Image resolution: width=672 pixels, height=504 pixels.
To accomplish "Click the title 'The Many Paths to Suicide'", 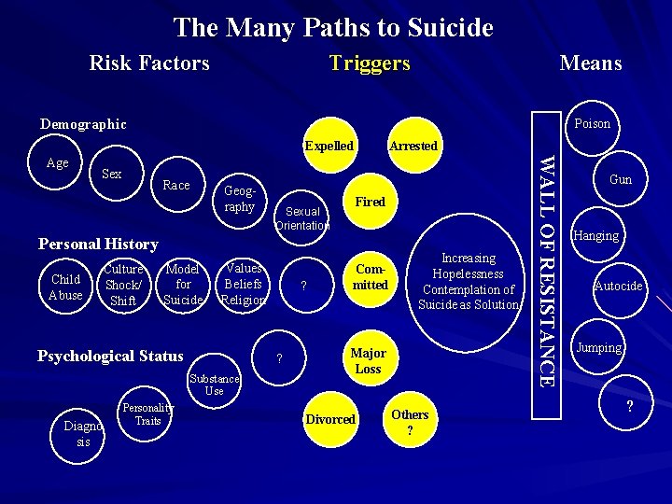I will click(x=333, y=28).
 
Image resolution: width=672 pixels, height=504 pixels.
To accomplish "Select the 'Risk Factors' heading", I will click(x=149, y=63).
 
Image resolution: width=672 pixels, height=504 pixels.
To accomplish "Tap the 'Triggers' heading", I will click(x=370, y=63).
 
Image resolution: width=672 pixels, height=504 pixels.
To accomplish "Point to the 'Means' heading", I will click(x=590, y=63).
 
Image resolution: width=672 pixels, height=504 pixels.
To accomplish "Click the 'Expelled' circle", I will click(x=329, y=146).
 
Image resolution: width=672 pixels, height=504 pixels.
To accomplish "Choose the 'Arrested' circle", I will click(x=413, y=146).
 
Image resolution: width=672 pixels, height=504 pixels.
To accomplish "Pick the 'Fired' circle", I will click(x=370, y=202).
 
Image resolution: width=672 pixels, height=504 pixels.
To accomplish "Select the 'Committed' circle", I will click(x=370, y=278).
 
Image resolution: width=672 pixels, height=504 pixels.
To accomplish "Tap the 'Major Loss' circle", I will click(x=367, y=361).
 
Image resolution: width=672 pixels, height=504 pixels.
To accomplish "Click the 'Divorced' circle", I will click(x=330, y=419).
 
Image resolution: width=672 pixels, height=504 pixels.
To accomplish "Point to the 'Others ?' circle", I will click(x=410, y=422).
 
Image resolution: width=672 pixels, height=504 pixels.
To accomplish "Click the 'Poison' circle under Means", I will click(x=592, y=124).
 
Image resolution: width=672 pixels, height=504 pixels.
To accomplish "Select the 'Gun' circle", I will click(x=620, y=179).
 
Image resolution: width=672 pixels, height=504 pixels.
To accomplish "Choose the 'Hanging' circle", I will click(x=596, y=235).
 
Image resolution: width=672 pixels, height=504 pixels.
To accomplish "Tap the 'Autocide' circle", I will click(x=618, y=287).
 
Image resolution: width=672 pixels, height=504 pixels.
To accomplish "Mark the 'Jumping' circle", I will click(x=598, y=347).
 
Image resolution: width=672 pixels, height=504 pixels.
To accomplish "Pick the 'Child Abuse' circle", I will click(x=65, y=287).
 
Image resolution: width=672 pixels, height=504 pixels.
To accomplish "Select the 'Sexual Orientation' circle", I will click(x=302, y=218).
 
